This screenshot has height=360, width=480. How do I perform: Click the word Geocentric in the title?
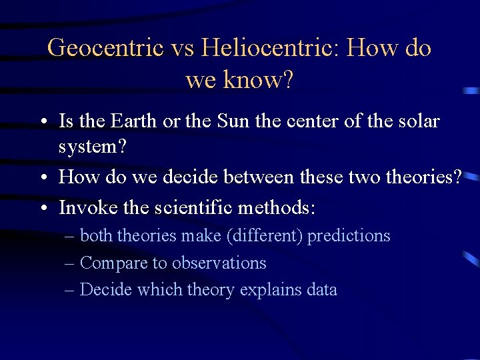(106, 48)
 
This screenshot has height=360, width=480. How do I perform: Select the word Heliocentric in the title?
(272, 48)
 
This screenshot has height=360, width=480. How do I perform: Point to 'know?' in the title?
(261, 80)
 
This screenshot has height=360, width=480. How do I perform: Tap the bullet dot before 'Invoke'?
(43, 209)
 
